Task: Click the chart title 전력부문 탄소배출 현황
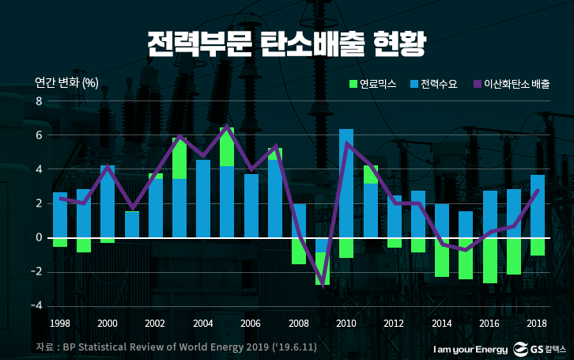[286, 44]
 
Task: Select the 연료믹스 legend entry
[369, 83]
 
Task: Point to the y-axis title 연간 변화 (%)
[66, 83]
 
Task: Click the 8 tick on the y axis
[38, 101]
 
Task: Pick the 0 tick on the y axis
[38, 237]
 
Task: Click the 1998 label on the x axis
[60, 323]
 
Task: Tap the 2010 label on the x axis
[346, 323]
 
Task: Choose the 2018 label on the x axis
[537, 323]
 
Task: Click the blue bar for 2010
[346, 183]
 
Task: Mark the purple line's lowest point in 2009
[323, 286]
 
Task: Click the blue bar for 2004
[203, 199]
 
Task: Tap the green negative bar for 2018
[537, 246]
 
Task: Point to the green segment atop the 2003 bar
[179, 158]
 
